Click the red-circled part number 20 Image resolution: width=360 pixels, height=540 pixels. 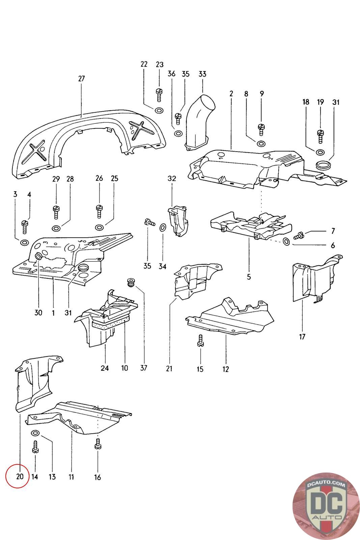click(20, 476)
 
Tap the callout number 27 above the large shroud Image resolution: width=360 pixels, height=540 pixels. click(81, 79)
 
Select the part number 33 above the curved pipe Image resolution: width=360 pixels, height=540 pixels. click(202, 74)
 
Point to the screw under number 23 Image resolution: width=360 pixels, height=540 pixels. click(159, 95)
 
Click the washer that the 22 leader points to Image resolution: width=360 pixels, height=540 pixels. click(159, 111)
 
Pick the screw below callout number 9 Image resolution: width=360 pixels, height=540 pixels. click(261, 130)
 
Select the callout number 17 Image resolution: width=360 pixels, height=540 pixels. click(302, 337)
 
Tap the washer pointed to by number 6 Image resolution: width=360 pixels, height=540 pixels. click(286, 241)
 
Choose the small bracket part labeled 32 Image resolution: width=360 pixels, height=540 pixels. click(178, 221)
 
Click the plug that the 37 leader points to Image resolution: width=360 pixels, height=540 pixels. click(131, 282)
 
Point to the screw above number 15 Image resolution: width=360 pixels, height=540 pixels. click(200, 341)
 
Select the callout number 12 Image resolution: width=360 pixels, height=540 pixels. click(225, 369)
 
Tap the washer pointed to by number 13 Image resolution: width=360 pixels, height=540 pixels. click(35, 433)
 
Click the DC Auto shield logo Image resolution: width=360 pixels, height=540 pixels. click(326, 507)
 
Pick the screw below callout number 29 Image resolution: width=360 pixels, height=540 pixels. click(56, 212)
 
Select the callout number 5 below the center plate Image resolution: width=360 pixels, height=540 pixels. click(249, 277)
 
